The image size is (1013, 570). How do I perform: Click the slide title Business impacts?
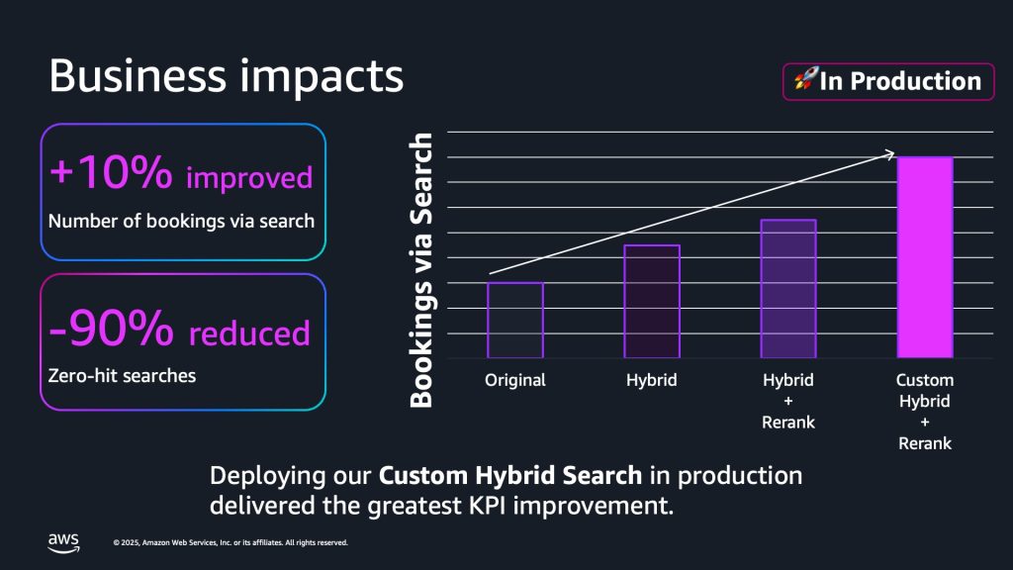point(226,76)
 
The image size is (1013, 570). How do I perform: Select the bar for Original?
point(515,320)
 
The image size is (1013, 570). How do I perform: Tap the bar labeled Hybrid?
point(652,301)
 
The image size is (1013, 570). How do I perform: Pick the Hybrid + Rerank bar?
point(788,288)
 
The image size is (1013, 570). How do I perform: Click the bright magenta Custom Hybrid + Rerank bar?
point(925,257)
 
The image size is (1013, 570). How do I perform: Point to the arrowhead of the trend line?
point(890,153)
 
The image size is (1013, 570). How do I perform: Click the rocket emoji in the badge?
point(805,81)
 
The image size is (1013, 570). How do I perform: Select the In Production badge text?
point(900,81)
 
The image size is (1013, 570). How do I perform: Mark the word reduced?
point(249,333)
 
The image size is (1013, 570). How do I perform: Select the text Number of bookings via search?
point(181,221)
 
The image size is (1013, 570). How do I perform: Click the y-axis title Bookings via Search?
point(422,270)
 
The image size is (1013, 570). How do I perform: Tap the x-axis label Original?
point(515,380)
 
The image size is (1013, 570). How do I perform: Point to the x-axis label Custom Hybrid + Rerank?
point(925,412)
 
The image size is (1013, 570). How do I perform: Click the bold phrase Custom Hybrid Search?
point(510,475)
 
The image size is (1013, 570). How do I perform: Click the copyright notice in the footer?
point(230,542)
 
